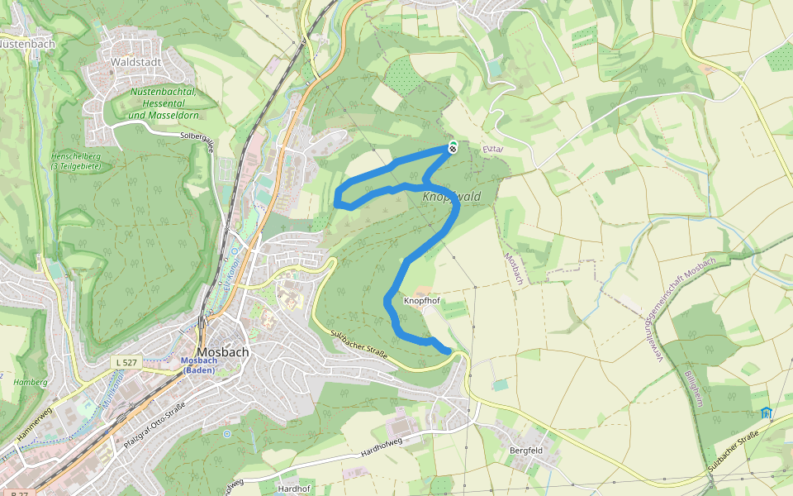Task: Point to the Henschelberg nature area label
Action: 75,160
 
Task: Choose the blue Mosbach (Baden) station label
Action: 197,365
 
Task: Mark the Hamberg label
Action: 31,383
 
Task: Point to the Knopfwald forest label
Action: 451,197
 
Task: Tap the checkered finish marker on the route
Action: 453,147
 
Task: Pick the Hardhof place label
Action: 293,489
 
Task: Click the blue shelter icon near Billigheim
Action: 766,413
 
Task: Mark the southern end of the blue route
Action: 449,351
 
